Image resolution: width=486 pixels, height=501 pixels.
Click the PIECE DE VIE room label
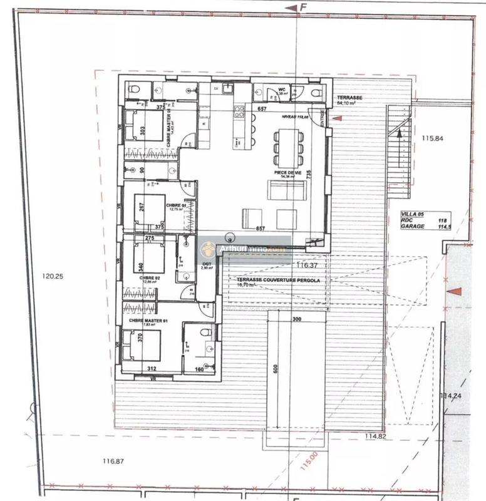285,171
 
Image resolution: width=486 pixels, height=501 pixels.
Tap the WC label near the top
282,90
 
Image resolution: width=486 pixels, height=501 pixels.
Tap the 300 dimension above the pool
296,319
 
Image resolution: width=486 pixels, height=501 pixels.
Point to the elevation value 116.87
113,461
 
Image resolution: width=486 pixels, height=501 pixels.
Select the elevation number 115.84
432,138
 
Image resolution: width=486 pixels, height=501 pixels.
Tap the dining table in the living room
288,146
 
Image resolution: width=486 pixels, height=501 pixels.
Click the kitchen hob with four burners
239,111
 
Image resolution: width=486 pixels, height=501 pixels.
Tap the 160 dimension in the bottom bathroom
201,369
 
